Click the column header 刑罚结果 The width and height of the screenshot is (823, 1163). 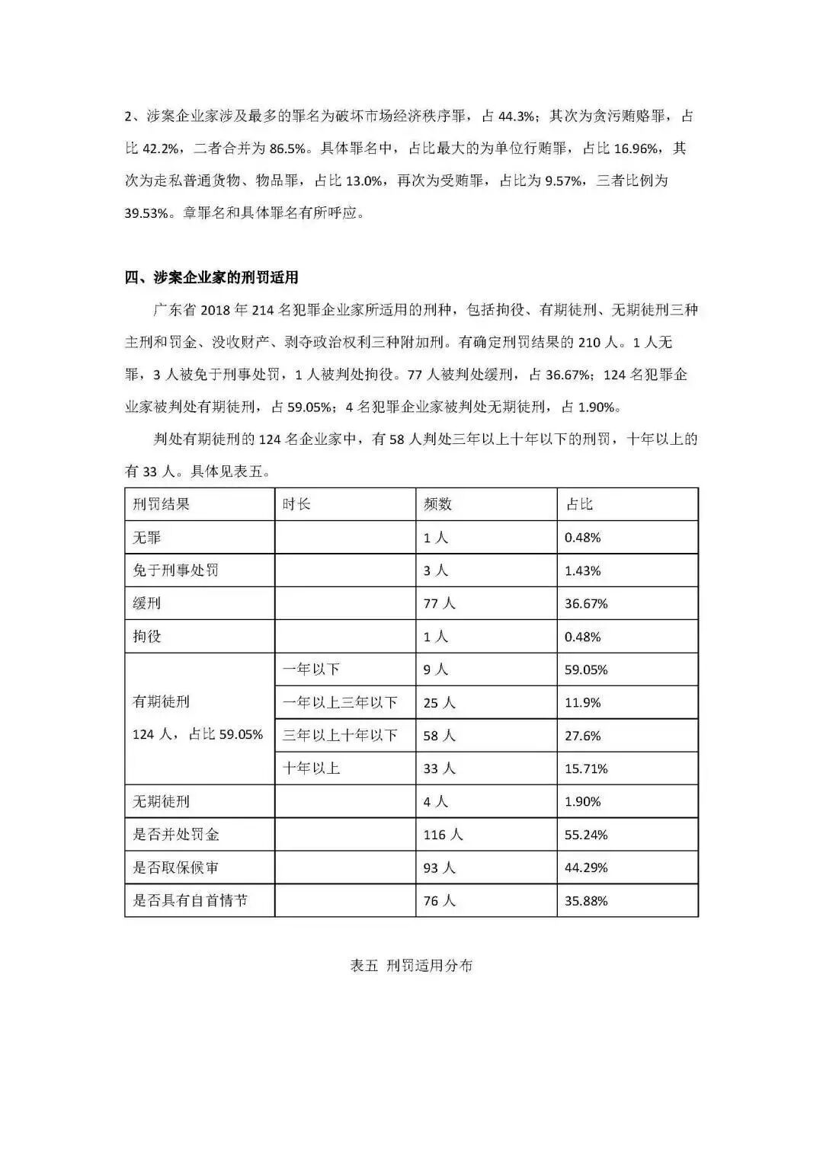coord(161,504)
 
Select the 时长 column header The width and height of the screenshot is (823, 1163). coord(296,504)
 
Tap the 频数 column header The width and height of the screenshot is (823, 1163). coord(437,504)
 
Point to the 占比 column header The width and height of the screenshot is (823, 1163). coord(578,504)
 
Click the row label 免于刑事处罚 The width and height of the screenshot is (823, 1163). coord(175,570)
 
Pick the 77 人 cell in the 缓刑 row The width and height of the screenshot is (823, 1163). coord(439,603)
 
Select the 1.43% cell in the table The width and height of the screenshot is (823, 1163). coord(582,570)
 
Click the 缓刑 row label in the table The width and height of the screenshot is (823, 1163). coord(146,603)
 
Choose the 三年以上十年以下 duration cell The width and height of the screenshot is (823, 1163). coord(340,736)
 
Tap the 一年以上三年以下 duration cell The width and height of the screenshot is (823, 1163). coord(340,702)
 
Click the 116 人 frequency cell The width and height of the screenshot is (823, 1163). coord(443,835)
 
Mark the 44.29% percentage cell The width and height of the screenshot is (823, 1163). coord(586,867)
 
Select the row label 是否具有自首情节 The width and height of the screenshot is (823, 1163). coord(190,901)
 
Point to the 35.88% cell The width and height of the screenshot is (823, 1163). coord(586,901)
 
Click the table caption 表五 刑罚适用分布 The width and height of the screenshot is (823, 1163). coord(411,966)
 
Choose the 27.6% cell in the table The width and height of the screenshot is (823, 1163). coord(582,736)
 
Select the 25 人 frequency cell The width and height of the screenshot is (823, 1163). coord(439,702)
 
